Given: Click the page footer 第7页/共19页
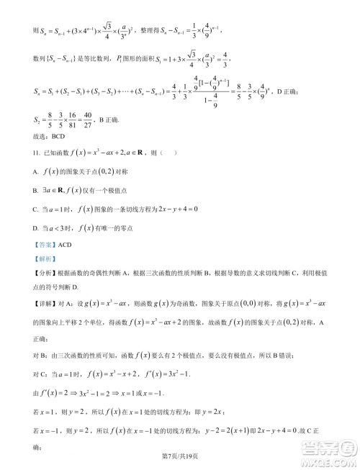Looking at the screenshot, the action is (180, 457).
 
